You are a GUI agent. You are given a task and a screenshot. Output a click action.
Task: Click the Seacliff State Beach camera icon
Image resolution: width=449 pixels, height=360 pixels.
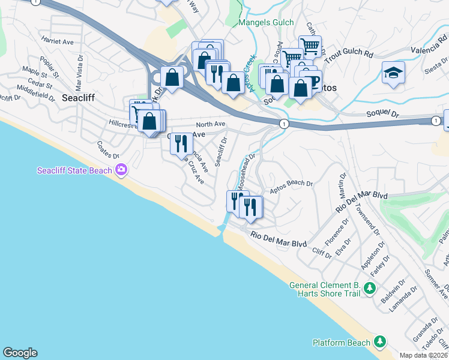point(122,170)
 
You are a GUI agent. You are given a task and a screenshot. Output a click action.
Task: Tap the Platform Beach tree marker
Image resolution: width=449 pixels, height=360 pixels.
point(379,342)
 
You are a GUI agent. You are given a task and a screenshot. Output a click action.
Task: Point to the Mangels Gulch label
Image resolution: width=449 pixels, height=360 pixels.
point(267,23)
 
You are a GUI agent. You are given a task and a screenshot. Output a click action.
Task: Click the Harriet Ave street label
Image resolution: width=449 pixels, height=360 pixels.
point(57,41)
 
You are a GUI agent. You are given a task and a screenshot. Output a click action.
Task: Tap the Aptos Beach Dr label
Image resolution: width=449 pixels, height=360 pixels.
point(292,187)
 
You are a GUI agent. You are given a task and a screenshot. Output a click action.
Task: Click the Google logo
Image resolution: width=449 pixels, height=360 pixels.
point(20,353)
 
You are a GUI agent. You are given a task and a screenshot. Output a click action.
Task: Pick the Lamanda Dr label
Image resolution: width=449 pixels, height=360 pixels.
point(402,296)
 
